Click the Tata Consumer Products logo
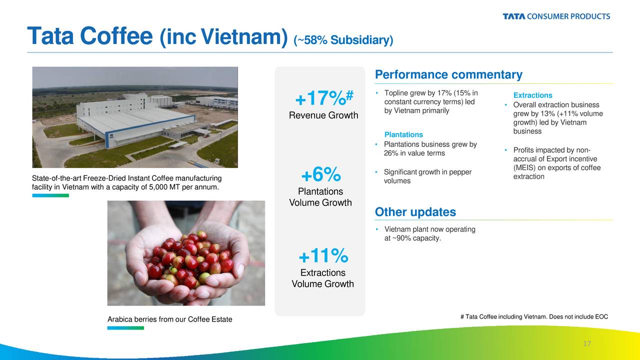[x=556, y=16]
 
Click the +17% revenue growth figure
[x=324, y=97]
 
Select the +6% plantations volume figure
[x=321, y=174]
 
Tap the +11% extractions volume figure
[x=323, y=255]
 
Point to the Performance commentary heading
[x=448, y=74]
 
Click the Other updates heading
[x=415, y=212]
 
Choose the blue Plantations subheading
[x=403, y=134]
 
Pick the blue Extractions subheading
[x=532, y=95]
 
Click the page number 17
[x=587, y=343]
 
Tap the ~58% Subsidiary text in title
[x=343, y=40]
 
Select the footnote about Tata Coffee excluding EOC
[x=534, y=316]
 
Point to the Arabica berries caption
[x=169, y=319]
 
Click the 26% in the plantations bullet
[x=391, y=153]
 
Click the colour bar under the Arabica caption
[x=125, y=328]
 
